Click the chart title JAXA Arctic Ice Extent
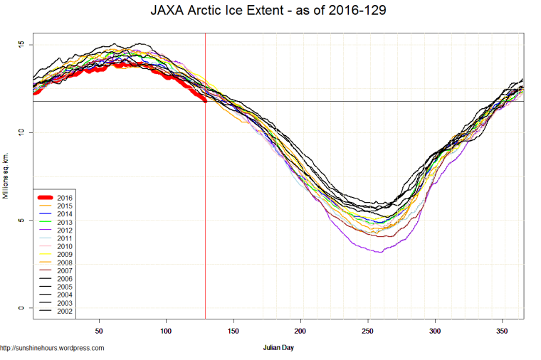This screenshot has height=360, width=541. [270, 11]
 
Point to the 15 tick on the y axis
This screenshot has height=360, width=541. [21, 45]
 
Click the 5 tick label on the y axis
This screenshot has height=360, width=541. [21, 220]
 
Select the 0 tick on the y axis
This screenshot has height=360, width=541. [21, 308]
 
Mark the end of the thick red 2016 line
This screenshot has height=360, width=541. [205, 100]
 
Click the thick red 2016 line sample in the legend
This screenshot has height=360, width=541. [45, 197]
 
